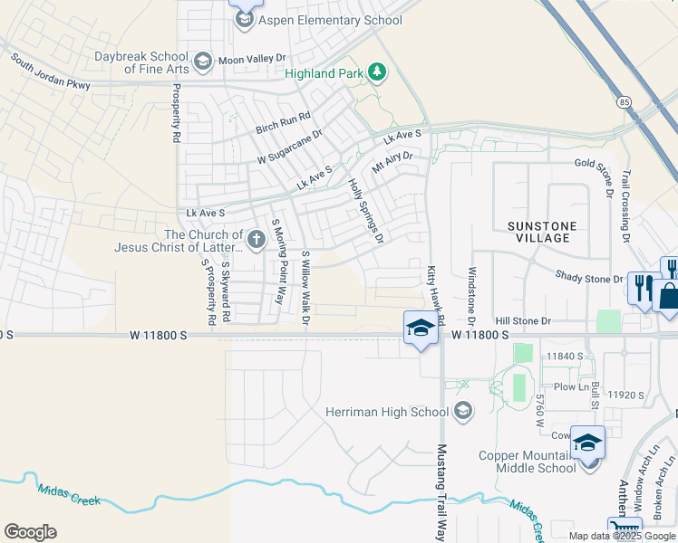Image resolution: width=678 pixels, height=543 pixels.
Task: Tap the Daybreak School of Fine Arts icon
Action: (202, 62)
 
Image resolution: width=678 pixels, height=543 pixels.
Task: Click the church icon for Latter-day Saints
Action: (257, 241)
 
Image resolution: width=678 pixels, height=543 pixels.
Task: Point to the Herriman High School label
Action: (386, 413)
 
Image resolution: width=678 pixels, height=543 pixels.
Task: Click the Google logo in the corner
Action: (30, 532)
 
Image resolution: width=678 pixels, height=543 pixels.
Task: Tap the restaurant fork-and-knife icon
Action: (643, 288)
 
